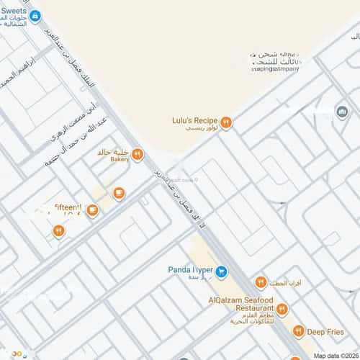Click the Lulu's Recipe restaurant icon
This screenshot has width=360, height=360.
coord(225,122)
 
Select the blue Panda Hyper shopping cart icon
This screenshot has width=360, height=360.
coord(222,271)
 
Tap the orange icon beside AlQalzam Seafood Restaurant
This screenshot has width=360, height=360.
coord(281,310)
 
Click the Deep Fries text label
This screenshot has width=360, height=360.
coord(326,332)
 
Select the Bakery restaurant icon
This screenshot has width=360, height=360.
coord(137,154)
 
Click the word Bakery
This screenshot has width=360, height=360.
coord(120,159)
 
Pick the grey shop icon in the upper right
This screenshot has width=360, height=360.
coord(342,112)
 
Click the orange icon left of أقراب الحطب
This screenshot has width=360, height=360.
coord(261,282)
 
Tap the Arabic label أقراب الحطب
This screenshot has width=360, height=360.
coord(288,283)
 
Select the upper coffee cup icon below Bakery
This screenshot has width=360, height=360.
coord(119,193)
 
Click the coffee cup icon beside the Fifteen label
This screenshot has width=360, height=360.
coord(92,210)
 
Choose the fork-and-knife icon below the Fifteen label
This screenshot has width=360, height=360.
coord(58,230)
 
